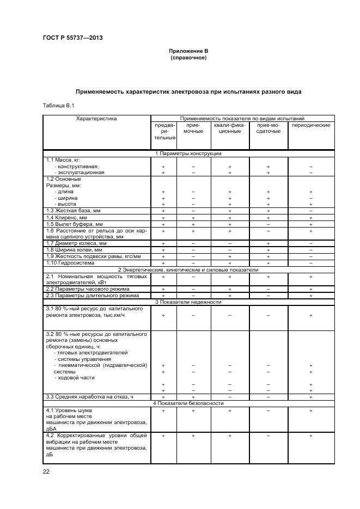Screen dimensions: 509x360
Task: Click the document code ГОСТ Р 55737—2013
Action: tap(72, 38)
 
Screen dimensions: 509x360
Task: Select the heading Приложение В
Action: tap(188, 51)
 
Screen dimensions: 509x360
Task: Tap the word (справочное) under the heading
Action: tap(188, 58)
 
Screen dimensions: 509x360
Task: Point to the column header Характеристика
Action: tap(96, 118)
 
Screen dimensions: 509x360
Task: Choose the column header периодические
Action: tap(311, 125)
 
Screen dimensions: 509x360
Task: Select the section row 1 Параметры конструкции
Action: tap(188, 154)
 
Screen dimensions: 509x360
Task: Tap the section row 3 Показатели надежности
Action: tap(188, 302)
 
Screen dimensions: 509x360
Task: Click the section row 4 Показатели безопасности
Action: tap(188, 403)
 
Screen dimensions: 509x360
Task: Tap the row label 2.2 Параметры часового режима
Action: tap(88, 289)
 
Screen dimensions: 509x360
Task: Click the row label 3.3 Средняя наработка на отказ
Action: tap(89, 397)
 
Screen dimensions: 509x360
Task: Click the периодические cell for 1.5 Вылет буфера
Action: tap(311, 224)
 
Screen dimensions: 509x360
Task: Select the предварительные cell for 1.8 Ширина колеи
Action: tap(163, 250)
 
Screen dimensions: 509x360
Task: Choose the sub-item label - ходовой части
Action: tap(75, 378)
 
